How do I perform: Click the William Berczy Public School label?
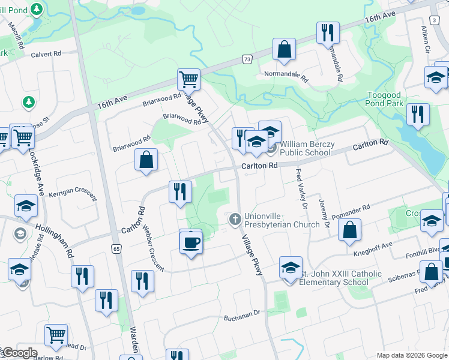pos(306,148)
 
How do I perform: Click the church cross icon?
pos(235,217)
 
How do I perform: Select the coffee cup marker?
pos(191,242)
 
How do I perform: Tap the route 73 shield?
pos(247,59)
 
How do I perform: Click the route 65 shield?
pos(116,248)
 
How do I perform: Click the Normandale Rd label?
pos(286,77)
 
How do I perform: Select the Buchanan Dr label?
pos(243,313)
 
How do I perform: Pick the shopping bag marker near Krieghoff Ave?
pos(349,230)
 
